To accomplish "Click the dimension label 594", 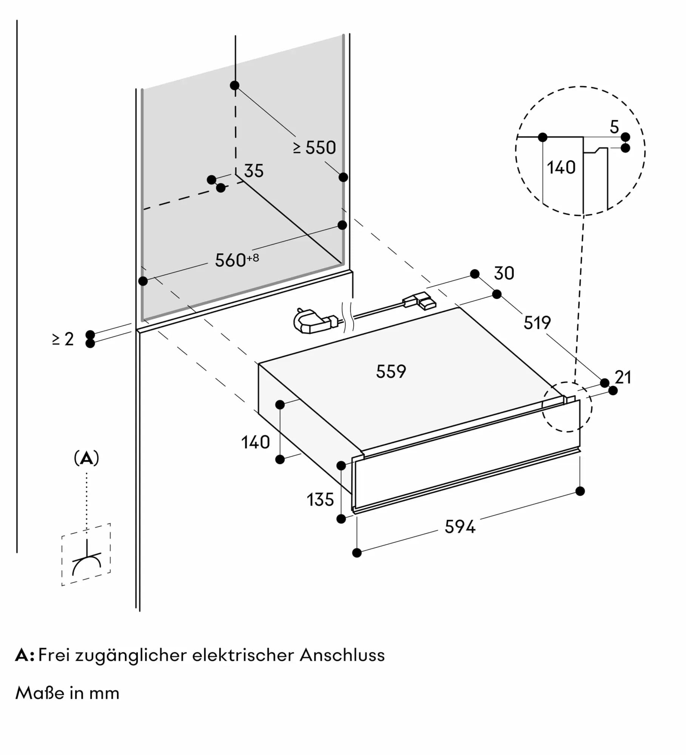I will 459,527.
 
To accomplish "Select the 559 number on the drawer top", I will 391,371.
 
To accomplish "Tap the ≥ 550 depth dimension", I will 314,148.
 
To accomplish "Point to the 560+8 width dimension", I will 237,260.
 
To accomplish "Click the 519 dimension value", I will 537,323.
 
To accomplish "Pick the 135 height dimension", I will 320,500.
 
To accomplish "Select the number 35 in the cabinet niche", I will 254,171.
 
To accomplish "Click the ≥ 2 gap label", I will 63,339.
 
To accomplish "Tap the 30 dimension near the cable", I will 504,273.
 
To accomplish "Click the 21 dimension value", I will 623,377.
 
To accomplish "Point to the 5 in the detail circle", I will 614,127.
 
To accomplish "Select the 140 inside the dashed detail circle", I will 561,168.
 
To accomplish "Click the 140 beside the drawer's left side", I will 256,442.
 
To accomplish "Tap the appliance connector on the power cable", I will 420,301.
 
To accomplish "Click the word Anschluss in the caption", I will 342,655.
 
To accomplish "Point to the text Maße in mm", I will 67,693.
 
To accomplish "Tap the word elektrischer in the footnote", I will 243,655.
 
